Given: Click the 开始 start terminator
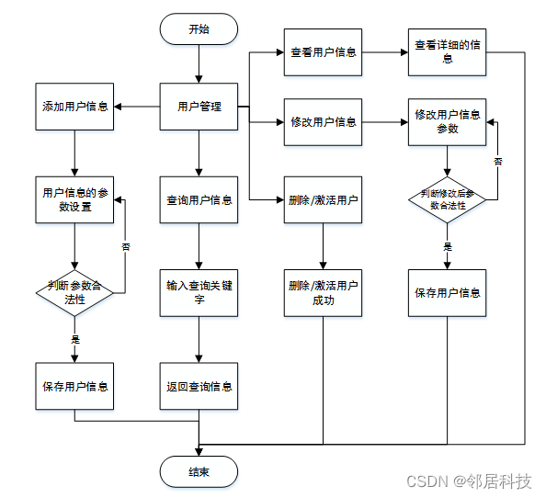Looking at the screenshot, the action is pos(199,29).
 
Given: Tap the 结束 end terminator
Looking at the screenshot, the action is pos(199,472).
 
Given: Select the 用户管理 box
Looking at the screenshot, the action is pos(199,107).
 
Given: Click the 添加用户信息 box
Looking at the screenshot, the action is pos(74,107).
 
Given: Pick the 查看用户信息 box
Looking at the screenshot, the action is pos(323,52).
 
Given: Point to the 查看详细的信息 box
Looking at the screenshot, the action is pos(447,52).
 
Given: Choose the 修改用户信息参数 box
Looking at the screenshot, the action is pos(447,122).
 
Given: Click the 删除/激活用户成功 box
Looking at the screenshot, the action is pos(323,293).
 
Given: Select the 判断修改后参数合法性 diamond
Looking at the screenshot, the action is pos(447,199).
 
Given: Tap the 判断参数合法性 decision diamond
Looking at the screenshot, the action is pos(74,293).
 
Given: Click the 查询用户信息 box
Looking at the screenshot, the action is pos(199,199).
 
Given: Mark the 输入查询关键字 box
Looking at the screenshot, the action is pos(199,293).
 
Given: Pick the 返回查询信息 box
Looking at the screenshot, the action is pos(199,386).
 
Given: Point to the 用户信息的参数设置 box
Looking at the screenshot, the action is pos(74,199).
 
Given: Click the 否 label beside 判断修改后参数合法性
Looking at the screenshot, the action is pos(498,161).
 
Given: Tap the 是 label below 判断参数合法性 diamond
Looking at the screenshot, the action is pos(75,339).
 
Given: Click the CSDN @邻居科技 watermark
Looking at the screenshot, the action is pos(469,481).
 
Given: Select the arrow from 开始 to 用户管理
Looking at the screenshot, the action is pos(199,64).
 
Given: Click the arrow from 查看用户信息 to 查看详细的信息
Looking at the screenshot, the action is pos(385,52).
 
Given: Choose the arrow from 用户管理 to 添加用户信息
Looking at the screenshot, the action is pos(137,107).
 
